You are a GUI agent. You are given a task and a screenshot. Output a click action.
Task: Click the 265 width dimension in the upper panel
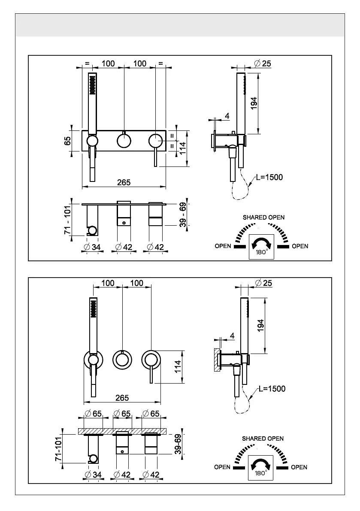click(124, 182)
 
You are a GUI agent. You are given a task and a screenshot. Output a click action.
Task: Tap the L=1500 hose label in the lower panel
click(272, 388)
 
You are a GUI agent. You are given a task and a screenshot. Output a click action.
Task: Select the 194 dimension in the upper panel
click(254, 103)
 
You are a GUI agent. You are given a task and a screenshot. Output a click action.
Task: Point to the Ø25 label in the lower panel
click(263, 283)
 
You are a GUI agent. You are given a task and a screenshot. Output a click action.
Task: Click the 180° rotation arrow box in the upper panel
click(261, 247)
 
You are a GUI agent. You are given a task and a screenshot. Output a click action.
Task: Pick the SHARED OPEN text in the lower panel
click(263, 438)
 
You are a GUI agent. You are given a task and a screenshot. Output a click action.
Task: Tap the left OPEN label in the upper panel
click(223, 246)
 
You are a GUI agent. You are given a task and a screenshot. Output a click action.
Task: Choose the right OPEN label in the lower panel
click(299, 467)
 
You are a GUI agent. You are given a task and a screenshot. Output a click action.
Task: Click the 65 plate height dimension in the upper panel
click(67, 141)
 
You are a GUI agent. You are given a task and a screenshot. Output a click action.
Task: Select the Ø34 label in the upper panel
click(92, 248)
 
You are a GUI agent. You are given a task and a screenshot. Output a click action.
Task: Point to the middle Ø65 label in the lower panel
click(122, 414)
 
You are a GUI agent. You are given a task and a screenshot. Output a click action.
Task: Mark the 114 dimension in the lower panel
click(178, 367)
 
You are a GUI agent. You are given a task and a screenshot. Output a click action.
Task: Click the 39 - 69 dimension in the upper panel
click(183, 215)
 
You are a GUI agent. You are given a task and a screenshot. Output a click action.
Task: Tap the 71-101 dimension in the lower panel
click(59, 449)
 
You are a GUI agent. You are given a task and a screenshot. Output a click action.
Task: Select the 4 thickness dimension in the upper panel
click(227, 116)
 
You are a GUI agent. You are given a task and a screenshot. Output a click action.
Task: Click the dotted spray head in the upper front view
click(93, 85)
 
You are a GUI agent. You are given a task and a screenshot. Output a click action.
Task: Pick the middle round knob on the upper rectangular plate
click(124, 141)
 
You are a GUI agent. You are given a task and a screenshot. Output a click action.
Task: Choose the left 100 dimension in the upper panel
click(108, 63)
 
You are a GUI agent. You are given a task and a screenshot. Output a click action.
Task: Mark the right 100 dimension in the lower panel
click(136, 283)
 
